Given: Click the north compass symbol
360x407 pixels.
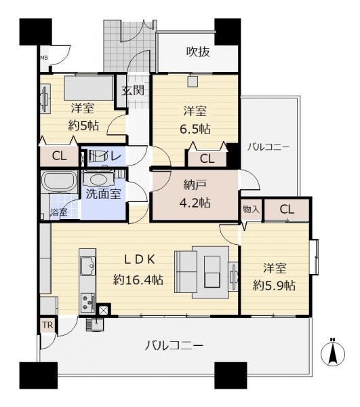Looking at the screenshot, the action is pos(332,353).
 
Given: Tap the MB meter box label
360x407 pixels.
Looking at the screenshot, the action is pos(44,58).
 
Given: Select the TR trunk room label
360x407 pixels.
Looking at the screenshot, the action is pos(47,325).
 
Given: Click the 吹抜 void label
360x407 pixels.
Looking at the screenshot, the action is pos(198,52).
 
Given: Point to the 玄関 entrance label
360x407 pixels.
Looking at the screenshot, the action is pos(133,90).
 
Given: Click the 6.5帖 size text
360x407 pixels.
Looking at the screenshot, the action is pos(195,129).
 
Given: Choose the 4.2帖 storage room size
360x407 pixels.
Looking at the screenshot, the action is pos(195,202).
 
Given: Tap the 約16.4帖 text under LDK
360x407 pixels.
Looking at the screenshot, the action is pos(138,279).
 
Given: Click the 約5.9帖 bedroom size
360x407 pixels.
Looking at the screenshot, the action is pos(274,286).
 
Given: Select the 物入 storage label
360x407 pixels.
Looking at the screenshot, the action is pos(251,209).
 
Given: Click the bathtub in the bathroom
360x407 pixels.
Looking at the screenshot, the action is pos(60,181).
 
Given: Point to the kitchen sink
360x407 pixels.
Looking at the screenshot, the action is pos(87,266).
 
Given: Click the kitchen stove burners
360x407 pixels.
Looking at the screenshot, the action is pos(87,303).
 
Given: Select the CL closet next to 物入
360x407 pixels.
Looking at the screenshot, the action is pos(287,209).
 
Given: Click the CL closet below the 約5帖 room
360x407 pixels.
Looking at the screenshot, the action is pos(59,156).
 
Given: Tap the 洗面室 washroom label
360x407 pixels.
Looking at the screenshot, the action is pos(104,193).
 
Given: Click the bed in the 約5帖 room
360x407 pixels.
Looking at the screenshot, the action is pos(89,88).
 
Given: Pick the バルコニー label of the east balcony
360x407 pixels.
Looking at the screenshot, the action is pos(268,147).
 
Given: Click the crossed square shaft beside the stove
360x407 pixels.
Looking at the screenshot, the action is pos(103,310).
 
